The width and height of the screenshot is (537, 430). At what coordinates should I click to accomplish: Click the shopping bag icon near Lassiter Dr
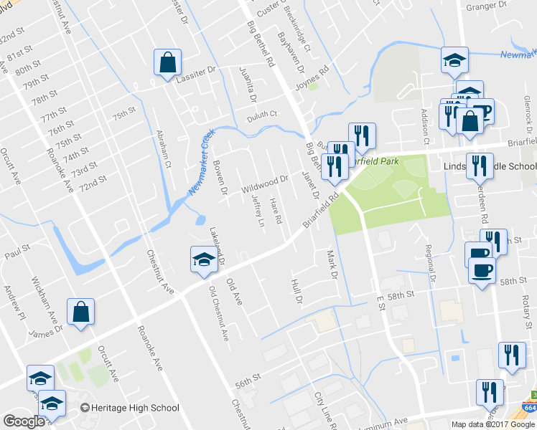pyautogui.click(x=167, y=62)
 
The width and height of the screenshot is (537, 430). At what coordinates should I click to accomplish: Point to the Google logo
pyautogui.click(x=24, y=421)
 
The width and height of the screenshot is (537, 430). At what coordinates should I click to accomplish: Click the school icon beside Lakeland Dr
pyautogui.click(x=204, y=259)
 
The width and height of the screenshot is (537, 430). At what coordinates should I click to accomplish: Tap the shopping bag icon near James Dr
pyautogui.click(x=80, y=312)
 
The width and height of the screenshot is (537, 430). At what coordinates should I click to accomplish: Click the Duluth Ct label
pyautogui.click(x=262, y=114)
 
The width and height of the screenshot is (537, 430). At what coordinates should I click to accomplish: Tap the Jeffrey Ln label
pyautogui.click(x=258, y=213)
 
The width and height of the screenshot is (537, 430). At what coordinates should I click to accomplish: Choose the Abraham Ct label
pyautogui.click(x=162, y=148)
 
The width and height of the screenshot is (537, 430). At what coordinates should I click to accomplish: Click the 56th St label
pyautogui.click(x=246, y=385)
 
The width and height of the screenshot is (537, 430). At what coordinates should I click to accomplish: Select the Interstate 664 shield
pyautogui.click(x=532, y=407)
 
